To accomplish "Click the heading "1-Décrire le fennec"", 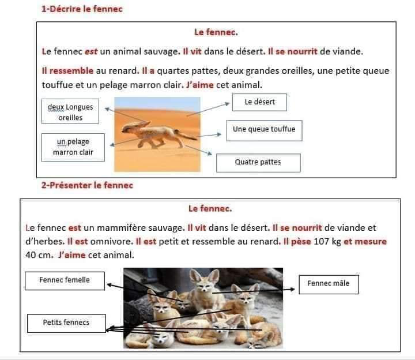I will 82,9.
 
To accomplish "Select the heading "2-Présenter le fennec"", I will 87,185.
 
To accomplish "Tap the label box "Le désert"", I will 259,103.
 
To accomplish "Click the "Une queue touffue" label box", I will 264,130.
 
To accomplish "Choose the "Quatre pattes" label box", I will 258,163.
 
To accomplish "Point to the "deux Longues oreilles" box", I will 70,112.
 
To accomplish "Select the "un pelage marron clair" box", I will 73,147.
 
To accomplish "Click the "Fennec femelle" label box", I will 65,280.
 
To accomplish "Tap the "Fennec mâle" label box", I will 328,284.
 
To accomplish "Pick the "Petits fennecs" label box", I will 66,322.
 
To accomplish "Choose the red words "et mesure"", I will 365,242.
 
